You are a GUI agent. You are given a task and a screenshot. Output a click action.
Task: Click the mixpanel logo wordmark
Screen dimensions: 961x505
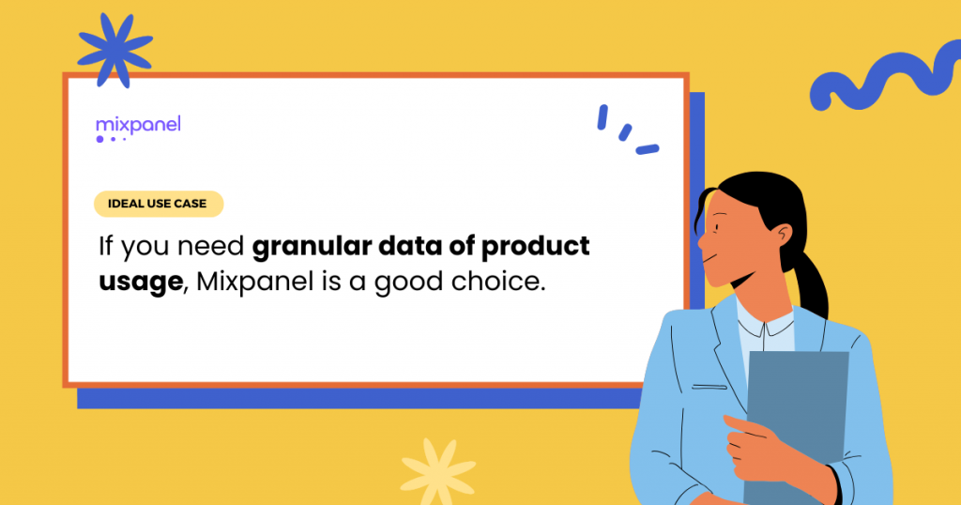pyautogui.click(x=138, y=126)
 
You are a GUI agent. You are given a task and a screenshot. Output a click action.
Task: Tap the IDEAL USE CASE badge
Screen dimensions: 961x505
pyautogui.click(x=158, y=204)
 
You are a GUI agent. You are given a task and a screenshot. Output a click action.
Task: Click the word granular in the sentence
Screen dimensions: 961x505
pyautogui.click(x=312, y=247)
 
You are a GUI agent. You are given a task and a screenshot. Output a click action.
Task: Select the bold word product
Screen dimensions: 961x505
pyautogui.click(x=535, y=247)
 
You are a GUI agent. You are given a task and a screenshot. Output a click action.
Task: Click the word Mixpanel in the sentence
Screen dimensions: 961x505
pyautogui.click(x=255, y=282)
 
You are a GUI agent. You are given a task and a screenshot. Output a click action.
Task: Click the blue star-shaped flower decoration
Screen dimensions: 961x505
pyautogui.click(x=115, y=51)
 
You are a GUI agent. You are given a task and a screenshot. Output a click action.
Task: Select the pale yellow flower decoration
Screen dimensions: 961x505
pyautogui.click(x=437, y=470)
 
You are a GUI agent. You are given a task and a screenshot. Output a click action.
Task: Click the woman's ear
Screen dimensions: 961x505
pyautogui.click(x=782, y=236)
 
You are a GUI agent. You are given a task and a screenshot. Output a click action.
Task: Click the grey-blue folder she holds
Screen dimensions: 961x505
pyautogui.click(x=797, y=423)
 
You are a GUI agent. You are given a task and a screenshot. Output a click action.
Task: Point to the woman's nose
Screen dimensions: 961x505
pyautogui.click(x=703, y=240)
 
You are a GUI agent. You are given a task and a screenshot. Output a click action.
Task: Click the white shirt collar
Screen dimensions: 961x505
pyautogui.click(x=766, y=326)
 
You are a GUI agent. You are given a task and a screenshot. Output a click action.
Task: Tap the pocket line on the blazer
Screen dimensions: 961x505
pyautogui.click(x=709, y=388)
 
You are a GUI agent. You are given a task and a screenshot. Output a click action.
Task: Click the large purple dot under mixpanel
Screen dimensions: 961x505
pyautogui.click(x=99, y=139)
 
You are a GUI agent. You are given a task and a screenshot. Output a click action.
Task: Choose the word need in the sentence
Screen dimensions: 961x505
pyautogui.click(x=211, y=247)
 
